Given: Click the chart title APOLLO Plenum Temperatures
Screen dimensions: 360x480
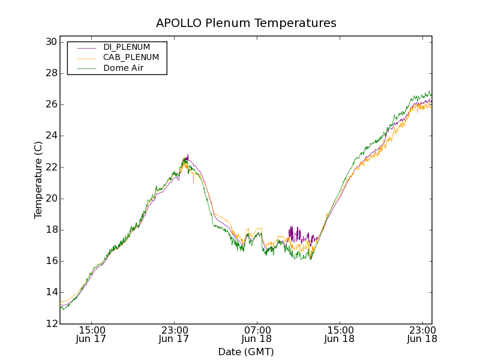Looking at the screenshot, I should (x=246, y=23).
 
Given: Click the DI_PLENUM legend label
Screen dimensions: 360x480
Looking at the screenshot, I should (x=127, y=47).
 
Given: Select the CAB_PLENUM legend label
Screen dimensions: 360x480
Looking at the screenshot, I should (x=131, y=58).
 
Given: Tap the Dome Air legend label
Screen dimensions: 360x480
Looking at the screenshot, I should (x=123, y=68).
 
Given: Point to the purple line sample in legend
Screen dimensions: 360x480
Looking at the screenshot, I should (x=86, y=47).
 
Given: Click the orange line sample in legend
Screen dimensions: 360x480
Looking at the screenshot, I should (x=86, y=58).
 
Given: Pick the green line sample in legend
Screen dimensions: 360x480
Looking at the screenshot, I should (x=86, y=68).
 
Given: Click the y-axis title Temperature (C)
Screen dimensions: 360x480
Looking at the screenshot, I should (x=38, y=180).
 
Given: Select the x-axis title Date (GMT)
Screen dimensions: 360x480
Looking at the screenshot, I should (x=246, y=352).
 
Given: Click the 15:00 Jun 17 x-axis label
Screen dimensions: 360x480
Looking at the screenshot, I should (x=92, y=334).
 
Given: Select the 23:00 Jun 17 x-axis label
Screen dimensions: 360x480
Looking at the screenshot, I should (x=175, y=334).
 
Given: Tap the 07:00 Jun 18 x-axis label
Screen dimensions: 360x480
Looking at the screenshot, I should (x=257, y=334).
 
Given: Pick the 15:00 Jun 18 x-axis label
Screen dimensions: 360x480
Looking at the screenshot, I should (x=340, y=334).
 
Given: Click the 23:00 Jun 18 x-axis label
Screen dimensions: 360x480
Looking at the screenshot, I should (x=422, y=334).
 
